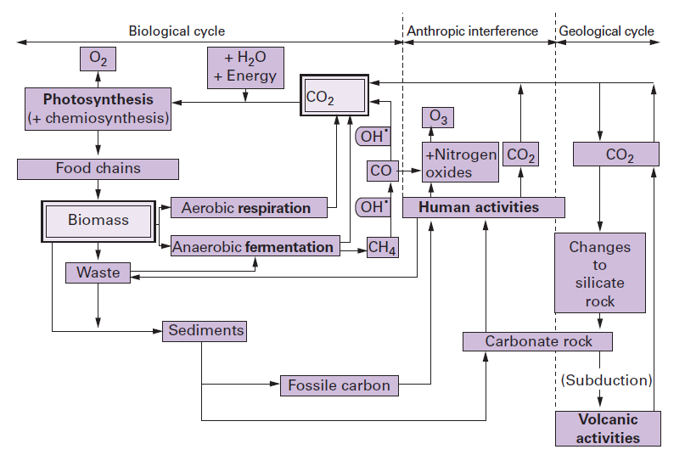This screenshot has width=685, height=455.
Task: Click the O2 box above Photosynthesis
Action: point(97,59)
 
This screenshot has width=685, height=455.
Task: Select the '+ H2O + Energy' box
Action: point(245,67)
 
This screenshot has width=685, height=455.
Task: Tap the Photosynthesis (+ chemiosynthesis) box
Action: point(98,109)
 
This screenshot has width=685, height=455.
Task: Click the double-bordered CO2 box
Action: point(334,98)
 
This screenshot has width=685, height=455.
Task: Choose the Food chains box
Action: point(98,168)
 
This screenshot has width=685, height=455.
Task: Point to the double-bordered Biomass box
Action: point(98,221)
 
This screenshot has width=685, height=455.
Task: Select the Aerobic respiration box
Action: point(245,208)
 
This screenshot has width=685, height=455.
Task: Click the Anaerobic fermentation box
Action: point(254,247)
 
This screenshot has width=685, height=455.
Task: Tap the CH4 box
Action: point(383,248)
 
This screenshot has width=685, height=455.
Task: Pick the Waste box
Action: point(98,273)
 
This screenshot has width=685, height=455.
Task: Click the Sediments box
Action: point(205,331)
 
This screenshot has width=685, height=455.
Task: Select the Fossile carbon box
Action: point(339,386)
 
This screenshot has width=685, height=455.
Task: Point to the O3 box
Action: point(438,118)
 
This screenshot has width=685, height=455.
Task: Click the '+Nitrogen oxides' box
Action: point(460,162)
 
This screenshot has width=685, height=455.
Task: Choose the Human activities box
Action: point(482,207)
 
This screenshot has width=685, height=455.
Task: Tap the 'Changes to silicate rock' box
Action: point(599,273)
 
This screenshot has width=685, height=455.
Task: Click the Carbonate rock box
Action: point(537,342)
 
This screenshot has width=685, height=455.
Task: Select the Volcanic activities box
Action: point(608,429)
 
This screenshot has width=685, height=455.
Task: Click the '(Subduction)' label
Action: point(606,380)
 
